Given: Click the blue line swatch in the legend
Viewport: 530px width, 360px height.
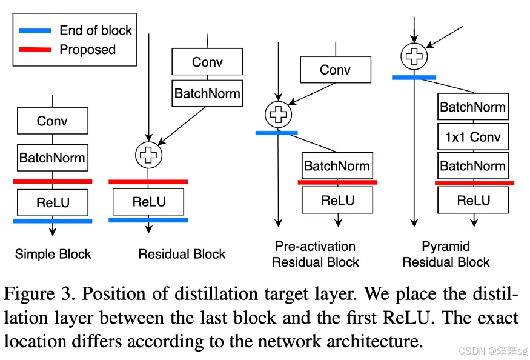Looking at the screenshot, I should point(35,30).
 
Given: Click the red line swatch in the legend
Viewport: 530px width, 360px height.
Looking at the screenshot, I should point(35,49).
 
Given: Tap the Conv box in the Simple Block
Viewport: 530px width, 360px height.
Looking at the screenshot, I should point(53,121).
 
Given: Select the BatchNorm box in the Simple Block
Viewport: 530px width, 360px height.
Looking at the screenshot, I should point(53,158).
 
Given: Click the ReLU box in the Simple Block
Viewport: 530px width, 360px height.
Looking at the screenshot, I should point(53,202).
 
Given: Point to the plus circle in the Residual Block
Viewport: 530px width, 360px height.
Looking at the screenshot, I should point(148,155).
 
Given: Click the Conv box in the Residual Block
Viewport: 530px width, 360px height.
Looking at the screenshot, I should point(207,62).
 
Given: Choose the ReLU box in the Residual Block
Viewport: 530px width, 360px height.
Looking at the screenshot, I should point(148,202).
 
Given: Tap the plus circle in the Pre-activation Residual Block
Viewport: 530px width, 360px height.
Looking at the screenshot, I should point(279,114).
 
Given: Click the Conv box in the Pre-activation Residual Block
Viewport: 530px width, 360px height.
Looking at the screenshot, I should point(335,70).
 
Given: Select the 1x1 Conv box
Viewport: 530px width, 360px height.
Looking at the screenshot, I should point(472,136).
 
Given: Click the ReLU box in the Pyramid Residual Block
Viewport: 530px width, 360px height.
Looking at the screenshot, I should point(473,201).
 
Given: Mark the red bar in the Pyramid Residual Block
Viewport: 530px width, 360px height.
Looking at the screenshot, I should point(474,182).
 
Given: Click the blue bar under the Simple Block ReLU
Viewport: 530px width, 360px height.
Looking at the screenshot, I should point(53,221).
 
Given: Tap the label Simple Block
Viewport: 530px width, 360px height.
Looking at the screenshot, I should point(53,254).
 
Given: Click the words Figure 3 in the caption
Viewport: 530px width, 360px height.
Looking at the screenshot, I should point(38,295).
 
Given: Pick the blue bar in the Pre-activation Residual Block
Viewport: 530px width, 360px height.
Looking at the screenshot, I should point(277,132).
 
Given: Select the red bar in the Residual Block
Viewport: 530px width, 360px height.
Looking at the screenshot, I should point(148,181).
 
